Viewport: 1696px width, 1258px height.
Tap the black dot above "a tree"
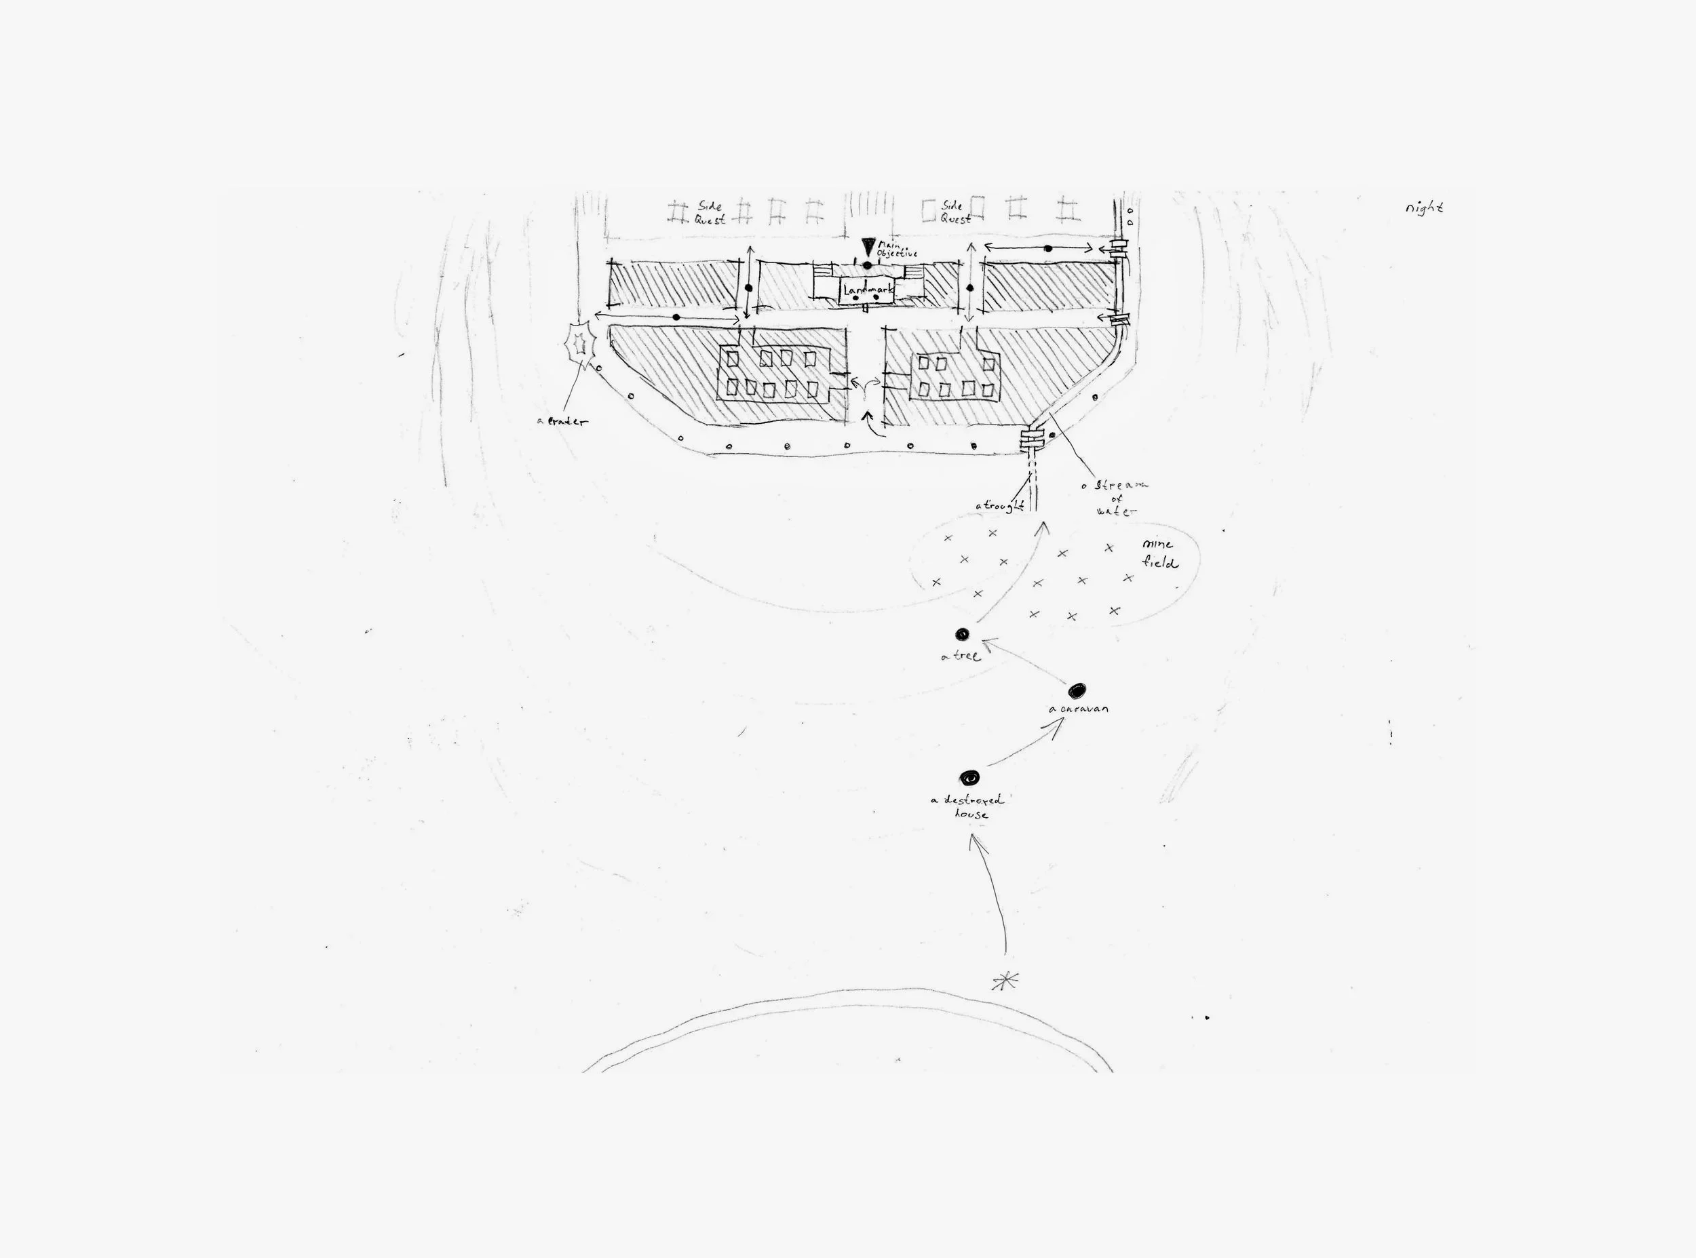click(x=962, y=633)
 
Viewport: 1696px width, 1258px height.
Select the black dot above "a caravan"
click(x=1076, y=690)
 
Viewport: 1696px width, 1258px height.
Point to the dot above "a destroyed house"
click(x=969, y=777)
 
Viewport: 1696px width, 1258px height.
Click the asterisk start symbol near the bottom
click(x=1005, y=981)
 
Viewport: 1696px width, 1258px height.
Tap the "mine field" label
click(x=1159, y=553)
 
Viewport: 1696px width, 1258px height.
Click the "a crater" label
click(x=563, y=421)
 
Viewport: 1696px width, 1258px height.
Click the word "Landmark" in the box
click(x=868, y=290)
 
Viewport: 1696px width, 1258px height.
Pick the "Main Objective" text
click(x=896, y=250)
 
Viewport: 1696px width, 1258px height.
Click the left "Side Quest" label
click(x=709, y=213)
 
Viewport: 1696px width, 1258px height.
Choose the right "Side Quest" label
click(x=955, y=212)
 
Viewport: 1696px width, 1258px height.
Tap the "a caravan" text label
click(x=1079, y=709)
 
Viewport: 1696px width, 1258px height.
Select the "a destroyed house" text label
click(x=968, y=806)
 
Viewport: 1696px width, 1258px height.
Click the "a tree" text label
click(x=961, y=656)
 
